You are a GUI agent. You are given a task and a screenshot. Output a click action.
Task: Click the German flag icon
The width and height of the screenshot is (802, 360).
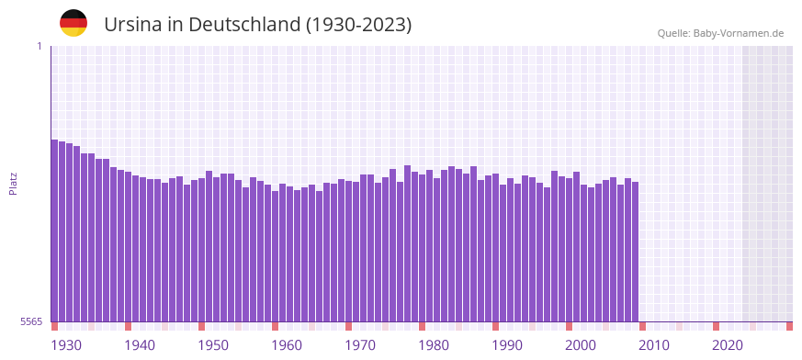(x=73, y=23)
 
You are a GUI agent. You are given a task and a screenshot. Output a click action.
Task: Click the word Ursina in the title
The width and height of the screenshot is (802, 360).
(x=132, y=25)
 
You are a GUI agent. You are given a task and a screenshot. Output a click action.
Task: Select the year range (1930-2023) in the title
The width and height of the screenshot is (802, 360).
(x=359, y=25)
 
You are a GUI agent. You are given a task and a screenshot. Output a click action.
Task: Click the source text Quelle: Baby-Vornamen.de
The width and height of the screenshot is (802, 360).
(x=720, y=33)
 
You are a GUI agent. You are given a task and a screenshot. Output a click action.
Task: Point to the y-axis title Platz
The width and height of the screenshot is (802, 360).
(x=13, y=183)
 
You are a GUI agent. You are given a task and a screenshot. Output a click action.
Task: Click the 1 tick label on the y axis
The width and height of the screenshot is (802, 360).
(x=39, y=46)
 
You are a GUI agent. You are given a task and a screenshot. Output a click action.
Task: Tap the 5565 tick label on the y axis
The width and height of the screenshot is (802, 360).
(x=30, y=321)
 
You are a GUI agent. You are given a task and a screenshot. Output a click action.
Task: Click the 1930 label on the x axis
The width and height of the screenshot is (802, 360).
(x=66, y=345)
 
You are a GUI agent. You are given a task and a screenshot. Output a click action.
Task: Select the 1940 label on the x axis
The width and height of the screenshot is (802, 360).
(x=140, y=345)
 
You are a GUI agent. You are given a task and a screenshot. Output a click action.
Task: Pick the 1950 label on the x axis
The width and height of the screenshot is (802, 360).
(x=213, y=345)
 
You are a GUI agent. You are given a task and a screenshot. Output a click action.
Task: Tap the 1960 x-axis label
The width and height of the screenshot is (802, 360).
(x=287, y=345)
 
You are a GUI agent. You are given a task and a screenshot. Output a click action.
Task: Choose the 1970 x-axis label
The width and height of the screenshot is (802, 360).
(x=360, y=345)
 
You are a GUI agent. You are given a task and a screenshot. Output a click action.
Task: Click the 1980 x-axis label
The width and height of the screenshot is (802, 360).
(x=434, y=345)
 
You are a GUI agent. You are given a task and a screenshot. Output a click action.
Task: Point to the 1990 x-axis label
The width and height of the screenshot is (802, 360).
(x=507, y=345)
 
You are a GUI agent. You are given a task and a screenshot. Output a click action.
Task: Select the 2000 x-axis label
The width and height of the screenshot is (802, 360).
(x=581, y=345)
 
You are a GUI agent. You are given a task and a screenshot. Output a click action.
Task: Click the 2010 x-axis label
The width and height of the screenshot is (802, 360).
(x=654, y=345)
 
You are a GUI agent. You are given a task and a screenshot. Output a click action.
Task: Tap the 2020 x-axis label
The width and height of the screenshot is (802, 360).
(x=728, y=345)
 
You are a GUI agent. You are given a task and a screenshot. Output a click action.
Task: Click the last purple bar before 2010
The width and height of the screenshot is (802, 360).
(x=635, y=252)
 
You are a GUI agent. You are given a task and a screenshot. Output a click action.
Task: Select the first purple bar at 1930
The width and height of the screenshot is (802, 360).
(x=54, y=230)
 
